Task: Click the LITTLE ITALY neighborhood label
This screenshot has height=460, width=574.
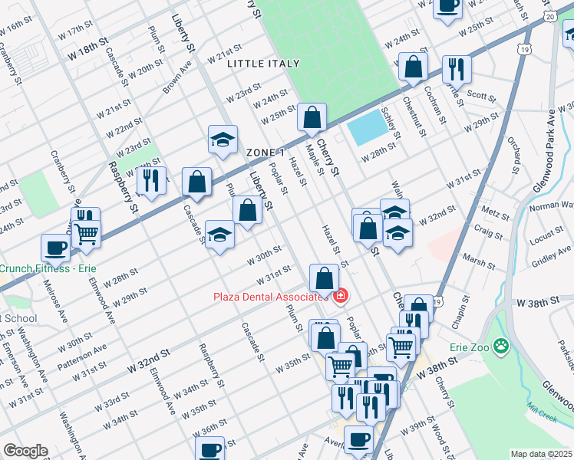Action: (x=259, y=64)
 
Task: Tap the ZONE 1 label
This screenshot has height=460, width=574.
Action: (x=266, y=153)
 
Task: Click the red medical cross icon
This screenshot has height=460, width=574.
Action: (x=340, y=295)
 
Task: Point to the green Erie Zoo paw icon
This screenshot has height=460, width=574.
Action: (x=501, y=347)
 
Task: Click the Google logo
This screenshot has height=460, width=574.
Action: (x=25, y=451)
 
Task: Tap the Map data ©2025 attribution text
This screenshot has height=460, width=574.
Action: (x=540, y=454)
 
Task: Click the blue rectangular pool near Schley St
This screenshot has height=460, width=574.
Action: (x=366, y=128)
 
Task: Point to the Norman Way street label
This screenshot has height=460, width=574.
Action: (x=551, y=205)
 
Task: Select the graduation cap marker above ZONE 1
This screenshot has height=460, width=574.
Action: (x=222, y=140)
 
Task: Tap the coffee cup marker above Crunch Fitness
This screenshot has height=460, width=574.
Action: (x=55, y=247)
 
